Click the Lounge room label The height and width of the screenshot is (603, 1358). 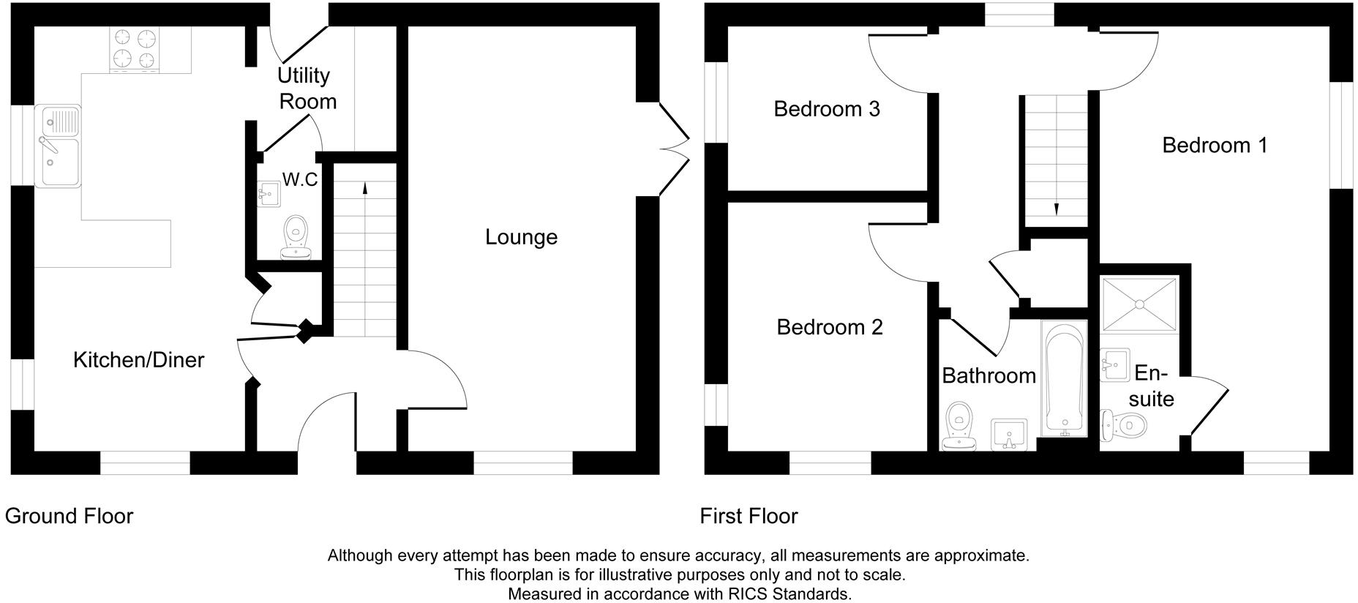pyautogui.click(x=521, y=237)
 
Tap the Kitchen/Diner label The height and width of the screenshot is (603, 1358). pyautogui.click(x=138, y=360)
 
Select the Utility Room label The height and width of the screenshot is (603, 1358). pyautogui.click(x=306, y=89)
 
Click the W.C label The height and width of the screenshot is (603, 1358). pyautogui.click(x=300, y=179)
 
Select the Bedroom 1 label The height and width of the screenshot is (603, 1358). pyautogui.click(x=1214, y=145)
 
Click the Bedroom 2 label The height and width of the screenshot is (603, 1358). pyautogui.click(x=829, y=327)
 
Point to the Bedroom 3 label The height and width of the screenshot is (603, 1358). pyautogui.click(x=826, y=109)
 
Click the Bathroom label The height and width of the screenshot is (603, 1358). pyautogui.click(x=988, y=376)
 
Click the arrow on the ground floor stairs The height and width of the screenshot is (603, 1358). pyautogui.click(x=364, y=187)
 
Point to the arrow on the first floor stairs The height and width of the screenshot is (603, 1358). pyautogui.click(x=1056, y=209)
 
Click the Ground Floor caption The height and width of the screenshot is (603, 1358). pyautogui.click(x=70, y=516)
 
